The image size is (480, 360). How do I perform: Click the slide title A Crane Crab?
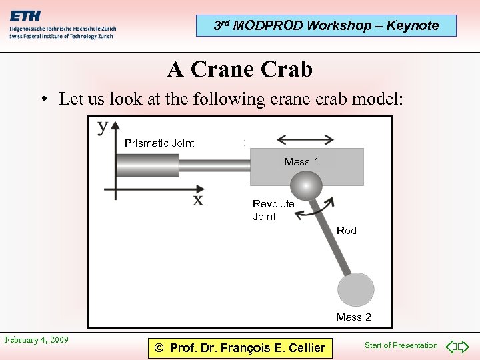[x=240, y=69]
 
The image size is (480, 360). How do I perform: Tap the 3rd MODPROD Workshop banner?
[x=326, y=26]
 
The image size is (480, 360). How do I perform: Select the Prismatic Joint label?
[x=159, y=143]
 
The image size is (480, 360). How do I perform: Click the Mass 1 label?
[x=301, y=161]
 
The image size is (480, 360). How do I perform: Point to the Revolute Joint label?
[x=273, y=210]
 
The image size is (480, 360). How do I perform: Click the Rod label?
[x=347, y=231]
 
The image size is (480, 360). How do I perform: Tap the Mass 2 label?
[x=354, y=317]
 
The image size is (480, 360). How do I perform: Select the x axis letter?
[x=198, y=200]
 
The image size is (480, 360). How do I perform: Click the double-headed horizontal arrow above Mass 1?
[x=305, y=139]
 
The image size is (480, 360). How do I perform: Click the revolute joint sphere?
[x=307, y=184]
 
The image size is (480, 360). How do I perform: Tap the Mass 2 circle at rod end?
[x=355, y=290]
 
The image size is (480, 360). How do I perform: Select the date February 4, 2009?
[x=37, y=340]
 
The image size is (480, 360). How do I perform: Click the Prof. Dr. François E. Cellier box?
[x=240, y=347]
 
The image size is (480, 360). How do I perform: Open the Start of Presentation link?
[x=401, y=345]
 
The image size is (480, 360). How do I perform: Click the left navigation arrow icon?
[x=451, y=347]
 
